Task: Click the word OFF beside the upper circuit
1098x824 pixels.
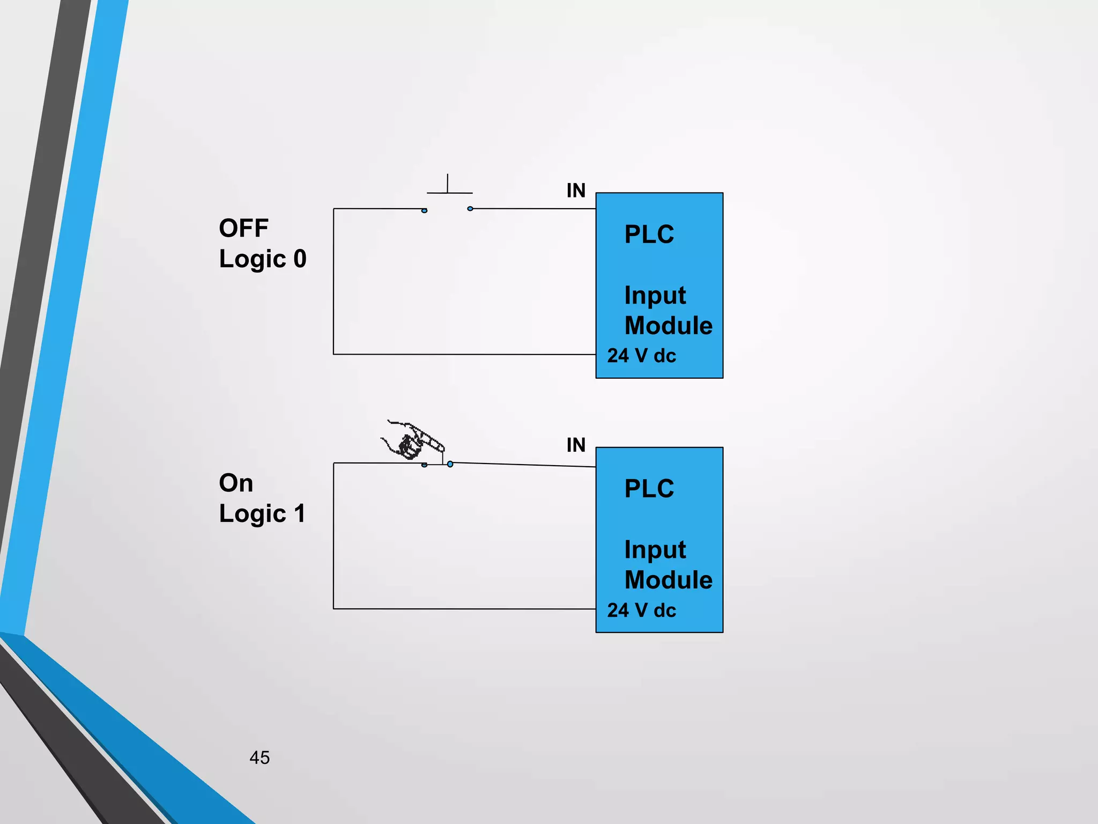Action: [x=243, y=229]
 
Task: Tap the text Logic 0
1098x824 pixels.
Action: [x=263, y=259]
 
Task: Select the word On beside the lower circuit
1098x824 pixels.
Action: [x=236, y=483]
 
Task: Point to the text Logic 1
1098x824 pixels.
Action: [x=262, y=514]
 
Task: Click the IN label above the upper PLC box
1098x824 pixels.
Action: [x=576, y=190]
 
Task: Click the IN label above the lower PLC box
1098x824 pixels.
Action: [x=576, y=445]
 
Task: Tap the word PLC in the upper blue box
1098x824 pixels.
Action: [x=649, y=234]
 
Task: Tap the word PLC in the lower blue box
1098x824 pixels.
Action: [x=649, y=489]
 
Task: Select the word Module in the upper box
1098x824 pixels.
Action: [x=669, y=326]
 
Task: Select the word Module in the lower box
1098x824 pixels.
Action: [x=669, y=580]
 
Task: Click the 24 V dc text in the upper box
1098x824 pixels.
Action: [x=641, y=356]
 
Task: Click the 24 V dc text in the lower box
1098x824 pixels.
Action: [x=641, y=610]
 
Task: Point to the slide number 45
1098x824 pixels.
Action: [x=259, y=757]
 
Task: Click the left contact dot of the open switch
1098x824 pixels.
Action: [x=424, y=210]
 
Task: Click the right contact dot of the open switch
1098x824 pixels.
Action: [x=470, y=209]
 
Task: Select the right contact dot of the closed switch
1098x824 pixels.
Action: [x=450, y=464]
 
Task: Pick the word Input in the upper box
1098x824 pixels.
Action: [x=655, y=296]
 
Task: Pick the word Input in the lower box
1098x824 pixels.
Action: [x=655, y=550]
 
